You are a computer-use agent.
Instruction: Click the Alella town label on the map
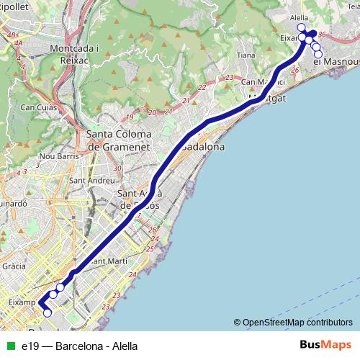click(x=298, y=17)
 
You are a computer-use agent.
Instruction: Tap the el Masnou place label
click(x=336, y=62)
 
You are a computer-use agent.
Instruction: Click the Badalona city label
click(x=204, y=146)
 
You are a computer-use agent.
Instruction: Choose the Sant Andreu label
click(x=91, y=179)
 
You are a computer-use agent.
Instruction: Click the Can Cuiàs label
click(x=37, y=108)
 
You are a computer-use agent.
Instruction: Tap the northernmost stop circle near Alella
click(x=301, y=28)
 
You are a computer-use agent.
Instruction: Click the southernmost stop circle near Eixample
click(x=48, y=312)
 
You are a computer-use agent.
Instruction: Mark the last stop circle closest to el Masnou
click(x=318, y=54)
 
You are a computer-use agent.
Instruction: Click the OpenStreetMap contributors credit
click(x=297, y=323)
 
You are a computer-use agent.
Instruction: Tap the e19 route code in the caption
click(x=30, y=346)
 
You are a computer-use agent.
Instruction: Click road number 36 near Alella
click(x=321, y=34)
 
